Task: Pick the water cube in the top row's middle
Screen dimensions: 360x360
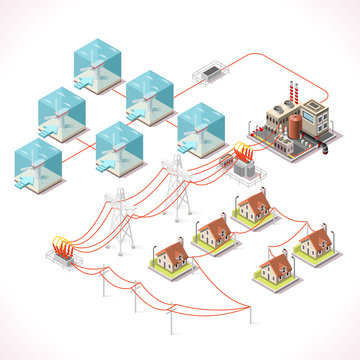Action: point(151,96)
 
